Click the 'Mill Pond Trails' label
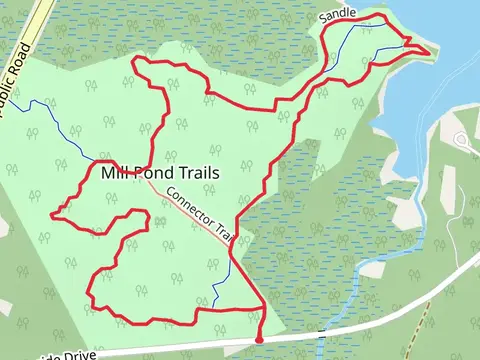coord(160,173)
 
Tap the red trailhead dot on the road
coord(259,340)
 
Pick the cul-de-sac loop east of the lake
coord(463,141)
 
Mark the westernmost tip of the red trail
coord(52,213)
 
